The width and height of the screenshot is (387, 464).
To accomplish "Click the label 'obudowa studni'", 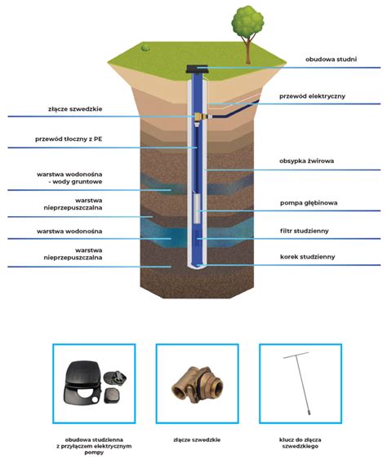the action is click(331, 60).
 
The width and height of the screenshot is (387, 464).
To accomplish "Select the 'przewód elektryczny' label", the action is click(313, 96).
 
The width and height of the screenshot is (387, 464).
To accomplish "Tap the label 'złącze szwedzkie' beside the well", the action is click(75, 109).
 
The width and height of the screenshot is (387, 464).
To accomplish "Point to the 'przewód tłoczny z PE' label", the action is click(69, 139).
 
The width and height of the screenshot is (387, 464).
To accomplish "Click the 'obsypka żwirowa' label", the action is click(307, 161).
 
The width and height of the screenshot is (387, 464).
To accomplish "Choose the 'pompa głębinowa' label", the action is click(309, 203).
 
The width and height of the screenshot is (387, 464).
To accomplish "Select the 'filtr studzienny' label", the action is click(305, 231).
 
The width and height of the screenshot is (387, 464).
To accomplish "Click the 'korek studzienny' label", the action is click(308, 257).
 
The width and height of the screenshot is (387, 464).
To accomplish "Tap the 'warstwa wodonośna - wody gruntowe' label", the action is click(69, 178).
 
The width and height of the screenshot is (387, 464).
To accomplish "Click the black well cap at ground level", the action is click(197, 69).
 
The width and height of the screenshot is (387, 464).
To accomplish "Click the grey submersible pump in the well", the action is click(197, 208).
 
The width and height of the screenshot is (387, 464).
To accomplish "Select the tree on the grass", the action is click(247, 34).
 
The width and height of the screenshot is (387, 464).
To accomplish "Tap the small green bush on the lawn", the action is click(145, 47).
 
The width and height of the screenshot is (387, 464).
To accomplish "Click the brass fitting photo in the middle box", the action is click(198, 384).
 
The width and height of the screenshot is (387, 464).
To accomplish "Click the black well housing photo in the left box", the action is click(95, 382).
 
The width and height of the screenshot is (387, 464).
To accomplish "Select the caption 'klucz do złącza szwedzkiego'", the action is click(300, 443).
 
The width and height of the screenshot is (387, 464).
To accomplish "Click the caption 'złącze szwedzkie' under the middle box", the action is click(197, 440).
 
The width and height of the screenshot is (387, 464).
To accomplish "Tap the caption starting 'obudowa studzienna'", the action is click(94, 446).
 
